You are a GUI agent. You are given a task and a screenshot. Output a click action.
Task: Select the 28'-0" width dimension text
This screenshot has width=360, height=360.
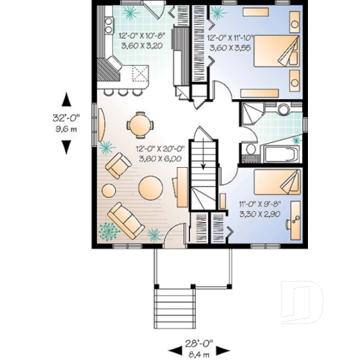click(x=194, y=342)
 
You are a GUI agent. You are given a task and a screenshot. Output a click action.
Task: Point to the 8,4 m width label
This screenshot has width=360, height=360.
click(x=194, y=351)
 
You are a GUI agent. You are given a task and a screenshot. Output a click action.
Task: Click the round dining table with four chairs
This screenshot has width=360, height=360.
click(x=139, y=124)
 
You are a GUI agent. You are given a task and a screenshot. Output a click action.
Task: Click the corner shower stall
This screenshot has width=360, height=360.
click(x=254, y=114)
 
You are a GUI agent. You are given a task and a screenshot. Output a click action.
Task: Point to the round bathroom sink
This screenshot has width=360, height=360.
click(x=284, y=110)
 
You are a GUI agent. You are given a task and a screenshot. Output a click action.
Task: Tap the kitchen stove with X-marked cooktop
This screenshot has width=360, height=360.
click(x=137, y=72)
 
